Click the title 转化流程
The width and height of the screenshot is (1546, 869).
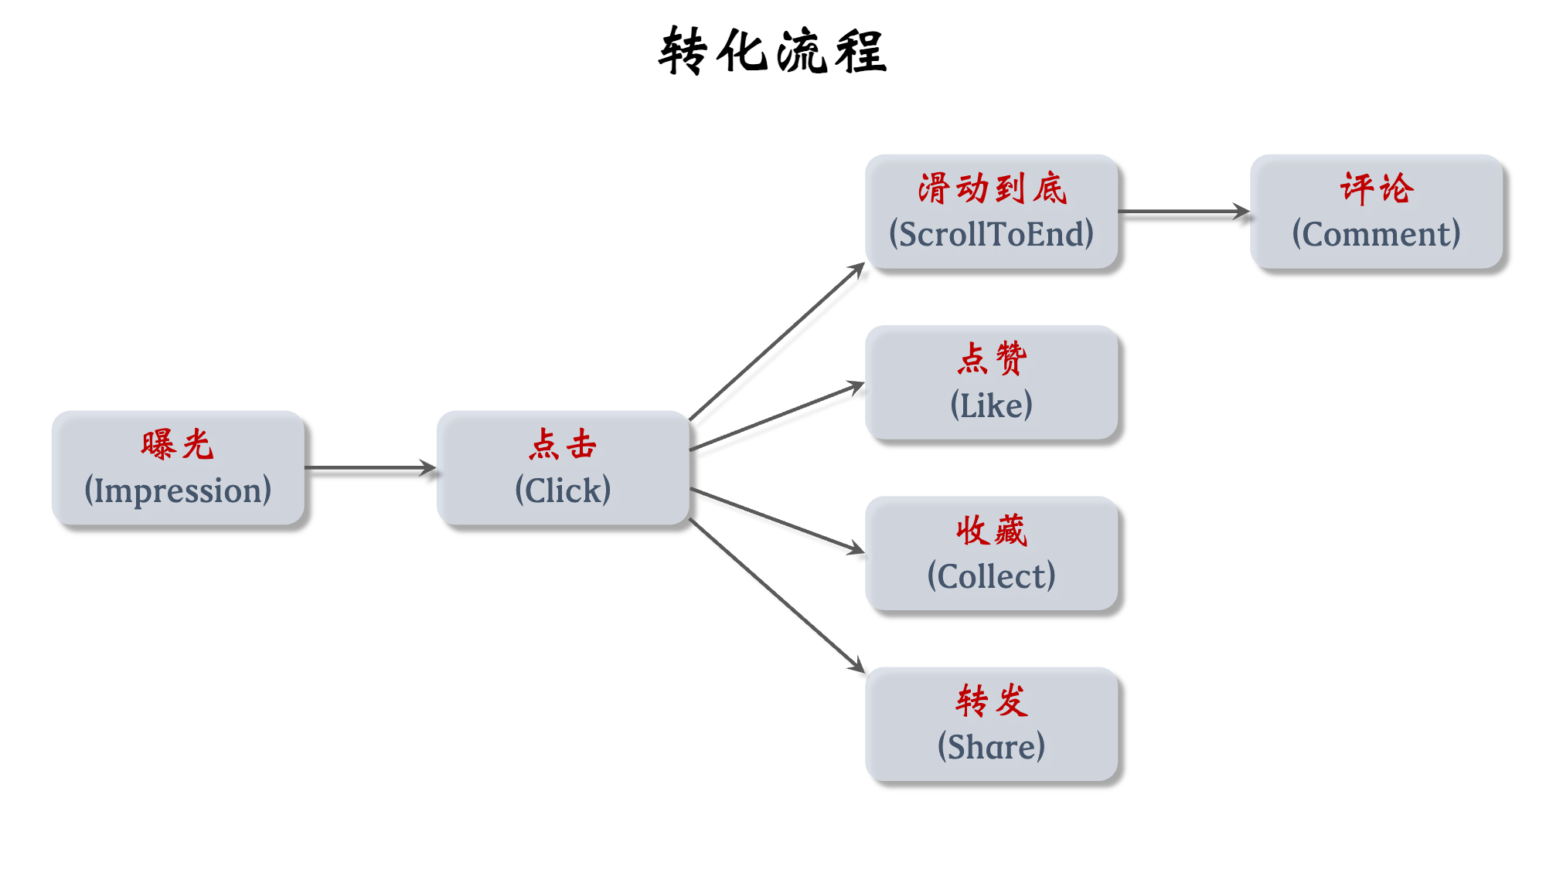(x=772, y=51)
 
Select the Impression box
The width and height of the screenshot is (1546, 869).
(x=178, y=468)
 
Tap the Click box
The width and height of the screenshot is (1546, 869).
(x=563, y=468)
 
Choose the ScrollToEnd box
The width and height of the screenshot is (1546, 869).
(x=991, y=212)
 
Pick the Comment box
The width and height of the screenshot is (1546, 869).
(x=1376, y=212)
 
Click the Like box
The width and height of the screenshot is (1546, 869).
(x=991, y=383)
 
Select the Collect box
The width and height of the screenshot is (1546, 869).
(x=991, y=554)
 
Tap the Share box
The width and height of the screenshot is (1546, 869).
(x=991, y=725)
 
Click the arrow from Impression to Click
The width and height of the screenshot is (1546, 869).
(x=369, y=467)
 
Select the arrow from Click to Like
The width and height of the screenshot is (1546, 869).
(x=776, y=416)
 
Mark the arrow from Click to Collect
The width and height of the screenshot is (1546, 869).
(x=776, y=521)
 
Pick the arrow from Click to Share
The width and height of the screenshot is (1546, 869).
(x=776, y=596)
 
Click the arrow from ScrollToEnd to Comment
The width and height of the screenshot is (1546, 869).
(x=1183, y=211)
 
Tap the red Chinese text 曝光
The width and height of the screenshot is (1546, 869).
(x=177, y=445)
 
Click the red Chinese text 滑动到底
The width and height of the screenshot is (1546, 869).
(x=992, y=189)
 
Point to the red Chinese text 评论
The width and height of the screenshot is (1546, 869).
(x=1377, y=189)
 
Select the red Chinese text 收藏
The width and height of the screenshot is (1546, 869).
(x=992, y=531)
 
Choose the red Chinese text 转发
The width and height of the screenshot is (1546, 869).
(x=992, y=701)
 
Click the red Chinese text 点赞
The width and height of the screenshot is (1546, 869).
(x=992, y=359)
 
